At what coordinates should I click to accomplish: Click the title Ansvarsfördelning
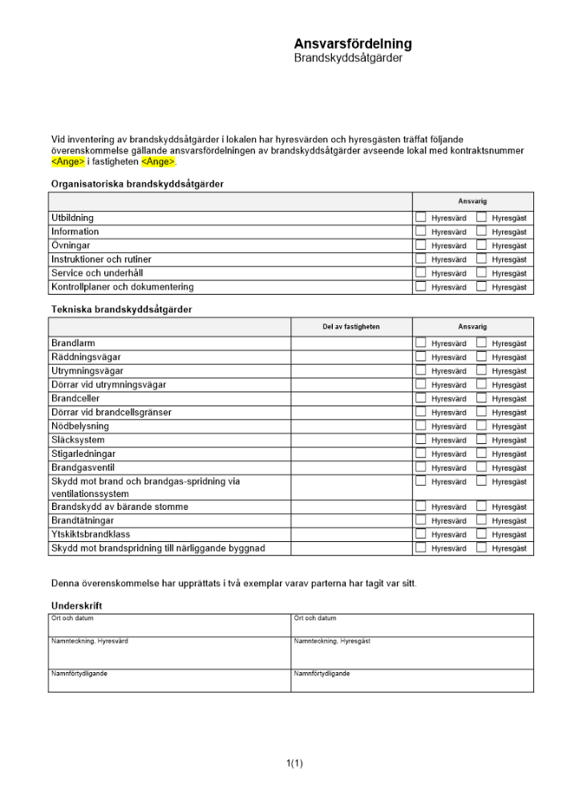tap(353, 44)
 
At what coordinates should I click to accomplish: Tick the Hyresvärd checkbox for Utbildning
tap(420, 217)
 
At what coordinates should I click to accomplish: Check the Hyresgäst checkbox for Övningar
tap(481, 245)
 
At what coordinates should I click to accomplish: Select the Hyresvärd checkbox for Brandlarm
tap(420, 343)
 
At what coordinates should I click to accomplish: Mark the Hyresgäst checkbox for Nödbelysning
tap(481, 426)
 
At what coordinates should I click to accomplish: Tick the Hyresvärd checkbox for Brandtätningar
tap(420, 520)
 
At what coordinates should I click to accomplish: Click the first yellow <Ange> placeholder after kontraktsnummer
tap(67, 161)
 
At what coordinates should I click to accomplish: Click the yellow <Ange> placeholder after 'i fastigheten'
tap(157, 161)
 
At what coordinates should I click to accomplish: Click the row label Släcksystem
tap(78, 440)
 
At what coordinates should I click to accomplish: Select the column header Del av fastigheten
tap(351, 327)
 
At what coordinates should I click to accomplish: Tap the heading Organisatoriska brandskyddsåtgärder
tap(137, 184)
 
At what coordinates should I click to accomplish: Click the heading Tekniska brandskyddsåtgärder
tap(121, 309)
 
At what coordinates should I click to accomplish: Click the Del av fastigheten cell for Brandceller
tap(351, 398)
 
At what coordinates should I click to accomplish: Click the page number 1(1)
tap(294, 763)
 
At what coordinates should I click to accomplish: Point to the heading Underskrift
tap(76, 605)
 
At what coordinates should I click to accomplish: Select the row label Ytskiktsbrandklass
tap(91, 534)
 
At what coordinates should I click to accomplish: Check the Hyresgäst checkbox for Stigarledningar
tap(481, 454)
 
